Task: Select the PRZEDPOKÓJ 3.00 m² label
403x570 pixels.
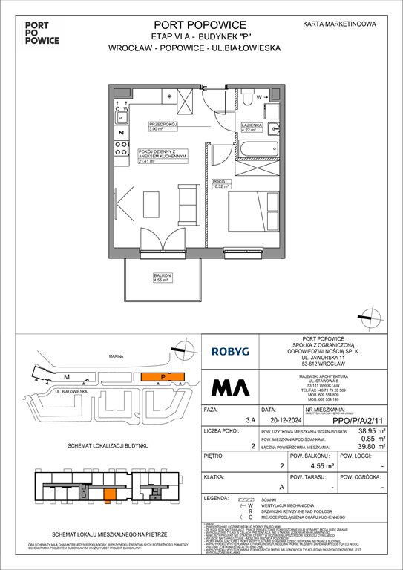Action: (x=163, y=126)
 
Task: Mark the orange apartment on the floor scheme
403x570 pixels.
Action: (x=110, y=496)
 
